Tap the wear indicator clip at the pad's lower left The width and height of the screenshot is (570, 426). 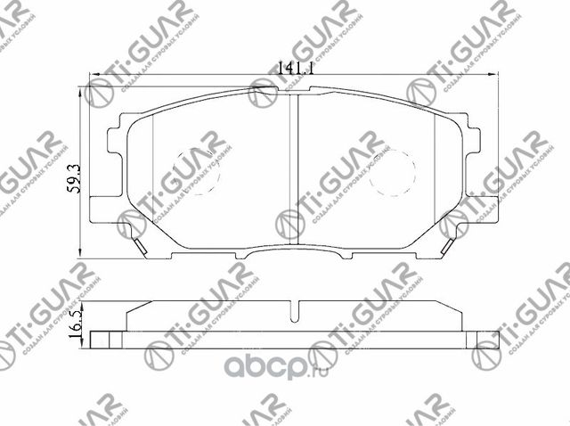click(x=136, y=239)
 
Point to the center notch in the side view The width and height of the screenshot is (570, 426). click(x=295, y=312)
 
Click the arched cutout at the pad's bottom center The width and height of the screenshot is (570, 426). click(x=295, y=253)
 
